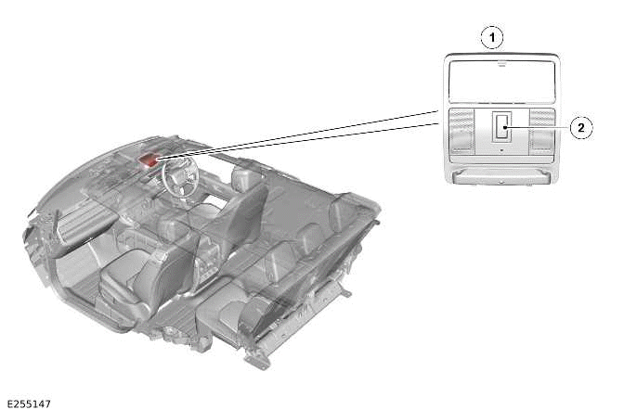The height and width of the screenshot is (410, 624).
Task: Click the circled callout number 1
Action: (x=492, y=38)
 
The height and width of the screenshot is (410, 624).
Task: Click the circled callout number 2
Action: (x=581, y=128)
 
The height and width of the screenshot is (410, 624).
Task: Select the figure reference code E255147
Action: (x=29, y=404)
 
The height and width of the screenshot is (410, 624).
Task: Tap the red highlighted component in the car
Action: (x=149, y=160)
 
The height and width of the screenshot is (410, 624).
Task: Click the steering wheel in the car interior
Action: (x=180, y=175)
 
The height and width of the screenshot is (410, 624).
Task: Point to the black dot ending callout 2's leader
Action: (x=504, y=127)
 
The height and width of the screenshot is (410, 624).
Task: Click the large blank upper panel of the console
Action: (x=501, y=81)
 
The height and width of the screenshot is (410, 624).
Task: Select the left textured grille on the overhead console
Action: (x=461, y=131)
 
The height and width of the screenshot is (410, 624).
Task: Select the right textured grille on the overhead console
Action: (x=542, y=131)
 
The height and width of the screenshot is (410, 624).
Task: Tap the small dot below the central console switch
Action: (x=501, y=150)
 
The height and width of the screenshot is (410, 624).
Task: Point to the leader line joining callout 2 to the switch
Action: (x=537, y=127)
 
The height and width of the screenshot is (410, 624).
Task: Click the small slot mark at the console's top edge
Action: (x=501, y=64)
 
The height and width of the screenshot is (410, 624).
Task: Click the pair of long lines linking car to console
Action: (x=299, y=135)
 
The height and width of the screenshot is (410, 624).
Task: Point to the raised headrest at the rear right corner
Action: (x=341, y=210)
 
